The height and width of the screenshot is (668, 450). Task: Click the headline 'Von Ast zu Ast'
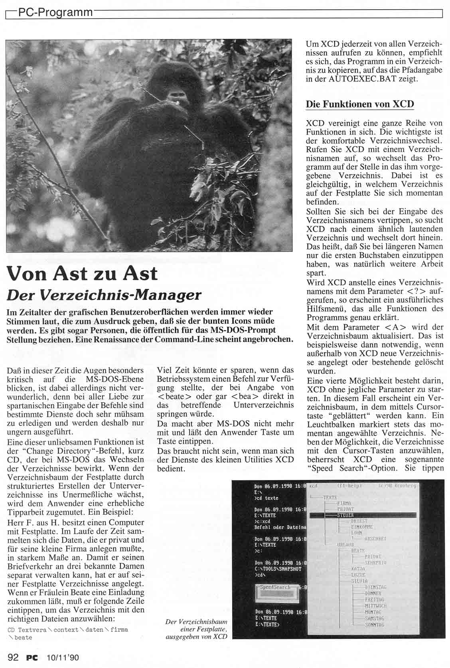point(82,274)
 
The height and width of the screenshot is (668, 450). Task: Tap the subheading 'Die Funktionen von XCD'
point(359,104)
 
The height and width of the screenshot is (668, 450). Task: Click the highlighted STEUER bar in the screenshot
point(363,515)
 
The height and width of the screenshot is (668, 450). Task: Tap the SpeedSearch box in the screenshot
point(275,592)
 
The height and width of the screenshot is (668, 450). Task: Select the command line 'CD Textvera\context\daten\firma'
point(68,630)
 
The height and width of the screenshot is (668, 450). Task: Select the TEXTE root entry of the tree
point(330,498)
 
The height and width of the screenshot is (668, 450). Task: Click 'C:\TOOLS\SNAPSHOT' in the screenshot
point(278,569)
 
